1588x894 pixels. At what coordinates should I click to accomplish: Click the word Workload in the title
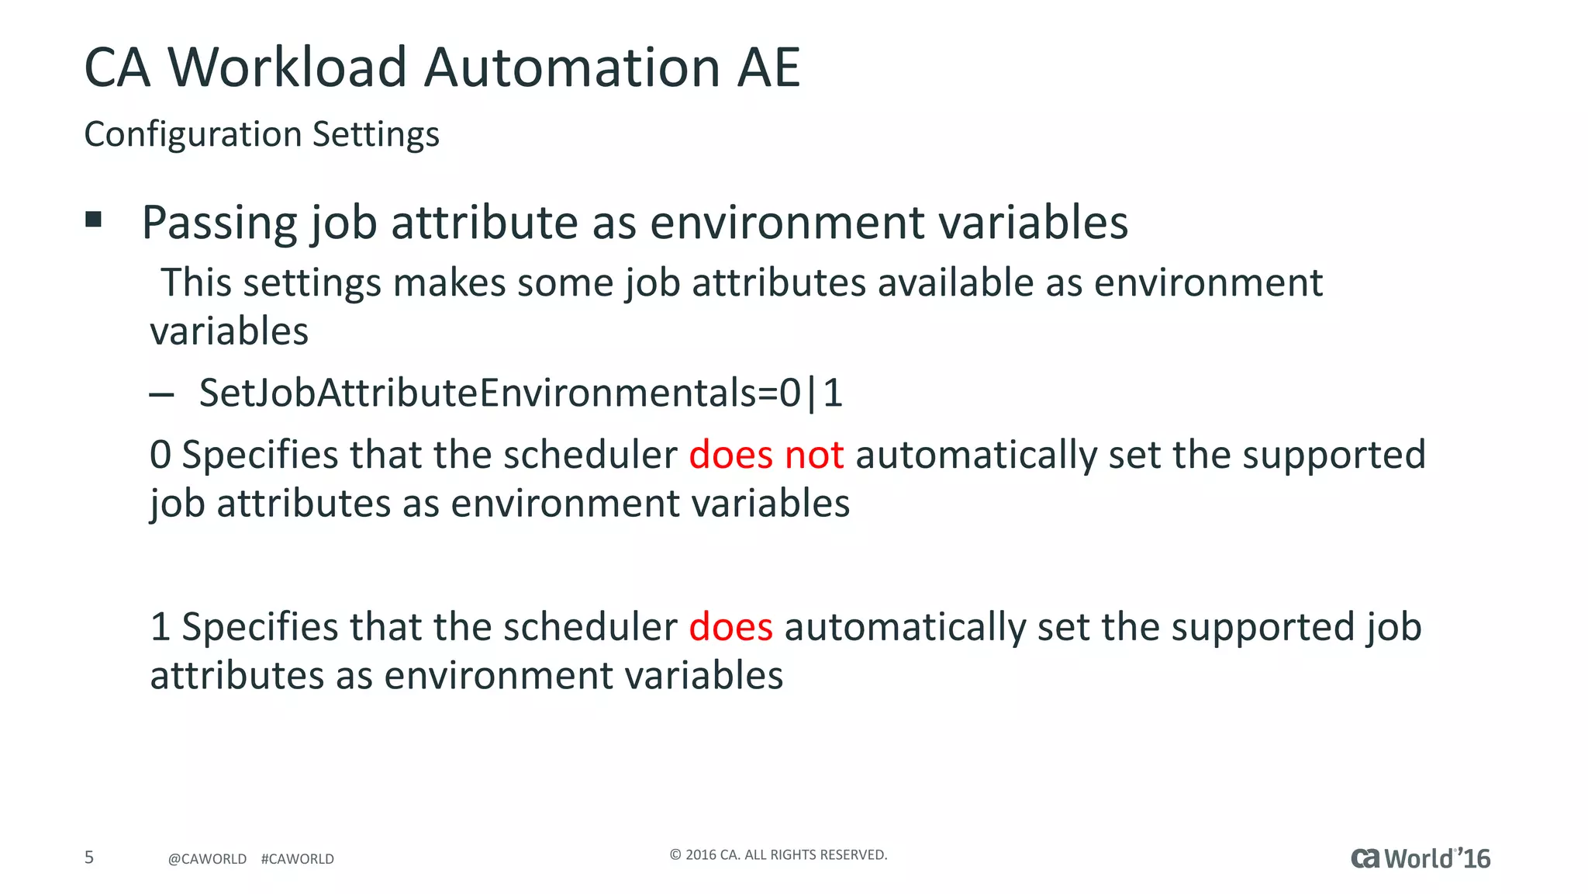pyautogui.click(x=287, y=68)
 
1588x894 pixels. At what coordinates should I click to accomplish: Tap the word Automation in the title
pyautogui.click(x=572, y=68)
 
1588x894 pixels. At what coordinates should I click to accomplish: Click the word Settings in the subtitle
pyautogui.click(x=376, y=135)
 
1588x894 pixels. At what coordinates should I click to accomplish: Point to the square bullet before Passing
pyautogui.click(x=94, y=220)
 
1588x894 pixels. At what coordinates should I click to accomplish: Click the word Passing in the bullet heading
pyautogui.click(x=220, y=223)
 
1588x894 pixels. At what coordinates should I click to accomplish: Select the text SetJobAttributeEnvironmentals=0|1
pyautogui.click(x=520, y=393)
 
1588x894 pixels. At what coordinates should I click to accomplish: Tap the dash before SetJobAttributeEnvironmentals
pyautogui.click(x=161, y=395)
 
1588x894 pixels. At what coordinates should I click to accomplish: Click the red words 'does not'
pyautogui.click(x=766, y=455)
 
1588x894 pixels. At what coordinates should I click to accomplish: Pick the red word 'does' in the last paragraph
pyautogui.click(x=730, y=627)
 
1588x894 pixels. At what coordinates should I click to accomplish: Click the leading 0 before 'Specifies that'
pyautogui.click(x=160, y=455)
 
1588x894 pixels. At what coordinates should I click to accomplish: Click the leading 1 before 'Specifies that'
pyautogui.click(x=160, y=627)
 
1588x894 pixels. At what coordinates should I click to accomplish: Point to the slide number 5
pyautogui.click(x=89, y=858)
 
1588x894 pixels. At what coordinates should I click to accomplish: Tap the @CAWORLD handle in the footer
pyautogui.click(x=207, y=859)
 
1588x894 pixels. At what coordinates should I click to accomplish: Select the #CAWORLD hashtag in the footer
pyautogui.click(x=298, y=859)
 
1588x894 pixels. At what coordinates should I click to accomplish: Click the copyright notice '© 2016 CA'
pyautogui.click(x=778, y=855)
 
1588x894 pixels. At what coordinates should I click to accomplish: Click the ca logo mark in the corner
pyautogui.click(x=1365, y=858)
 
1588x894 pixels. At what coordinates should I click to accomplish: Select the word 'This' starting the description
pyautogui.click(x=196, y=282)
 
